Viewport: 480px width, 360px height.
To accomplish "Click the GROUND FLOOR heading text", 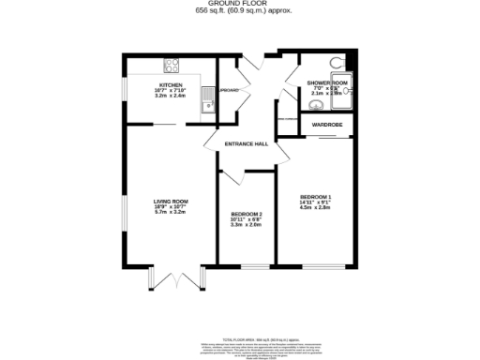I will (x=239, y=5).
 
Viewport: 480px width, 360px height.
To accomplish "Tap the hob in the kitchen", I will (x=172, y=65).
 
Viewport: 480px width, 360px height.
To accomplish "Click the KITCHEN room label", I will (x=172, y=84).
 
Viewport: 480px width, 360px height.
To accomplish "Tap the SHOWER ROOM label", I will (x=326, y=83).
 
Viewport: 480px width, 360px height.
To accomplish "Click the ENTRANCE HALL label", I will (x=247, y=143).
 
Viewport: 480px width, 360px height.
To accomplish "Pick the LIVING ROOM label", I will (x=172, y=202).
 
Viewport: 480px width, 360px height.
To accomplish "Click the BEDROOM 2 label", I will (x=247, y=215).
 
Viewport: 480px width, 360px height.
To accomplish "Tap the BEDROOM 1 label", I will (x=316, y=196).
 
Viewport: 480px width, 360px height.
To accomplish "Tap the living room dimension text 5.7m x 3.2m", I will (x=172, y=213).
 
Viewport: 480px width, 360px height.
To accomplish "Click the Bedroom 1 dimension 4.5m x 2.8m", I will (x=316, y=208).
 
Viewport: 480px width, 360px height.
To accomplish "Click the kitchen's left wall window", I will (x=126, y=88).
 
